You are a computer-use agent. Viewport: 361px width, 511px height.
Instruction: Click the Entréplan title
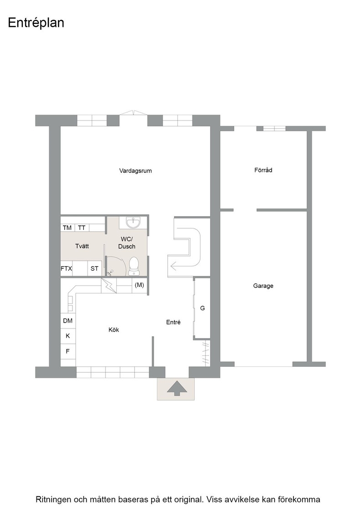pyautogui.click(x=36, y=23)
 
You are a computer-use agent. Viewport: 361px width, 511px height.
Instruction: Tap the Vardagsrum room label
pyautogui.click(x=135, y=171)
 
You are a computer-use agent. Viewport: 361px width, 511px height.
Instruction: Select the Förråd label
pyautogui.click(x=263, y=170)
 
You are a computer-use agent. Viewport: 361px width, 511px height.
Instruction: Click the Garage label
pyautogui.click(x=263, y=286)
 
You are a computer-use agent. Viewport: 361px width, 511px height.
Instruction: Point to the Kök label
pyautogui.click(x=113, y=330)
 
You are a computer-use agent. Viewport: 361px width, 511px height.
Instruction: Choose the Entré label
pyautogui.click(x=173, y=322)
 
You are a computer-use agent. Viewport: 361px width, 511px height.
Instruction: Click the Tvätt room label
pyautogui.click(x=82, y=246)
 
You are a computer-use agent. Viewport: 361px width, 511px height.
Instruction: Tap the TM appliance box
pyautogui.click(x=67, y=228)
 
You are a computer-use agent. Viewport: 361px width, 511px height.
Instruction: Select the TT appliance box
pyautogui.click(x=82, y=228)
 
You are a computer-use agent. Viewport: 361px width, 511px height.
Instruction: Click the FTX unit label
pyautogui.click(x=67, y=269)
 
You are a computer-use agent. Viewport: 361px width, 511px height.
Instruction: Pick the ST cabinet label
pyautogui.click(x=94, y=269)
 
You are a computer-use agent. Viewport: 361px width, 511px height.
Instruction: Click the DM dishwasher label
pyautogui.click(x=68, y=321)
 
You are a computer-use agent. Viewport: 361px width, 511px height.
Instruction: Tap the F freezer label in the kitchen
pyautogui.click(x=68, y=351)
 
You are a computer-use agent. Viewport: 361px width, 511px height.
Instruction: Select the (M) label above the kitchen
pyautogui.click(x=139, y=285)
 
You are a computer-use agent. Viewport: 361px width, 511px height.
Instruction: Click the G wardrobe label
pyautogui.click(x=202, y=308)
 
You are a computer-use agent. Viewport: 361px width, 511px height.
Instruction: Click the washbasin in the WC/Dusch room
pyautogui.click(x=134, y=222)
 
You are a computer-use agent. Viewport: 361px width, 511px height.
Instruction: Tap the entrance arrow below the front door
pyautogui.click(x=177, y=388)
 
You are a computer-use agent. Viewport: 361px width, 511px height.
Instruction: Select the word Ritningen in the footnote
pyautogui.click(x=53, y=500)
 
